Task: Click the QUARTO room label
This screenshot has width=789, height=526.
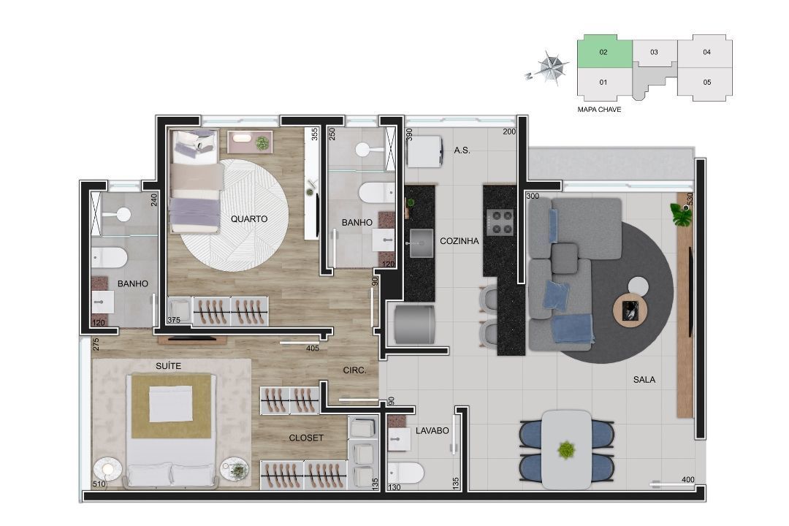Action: tap(249, 219)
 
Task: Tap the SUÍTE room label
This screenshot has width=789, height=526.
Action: tap(168, 366)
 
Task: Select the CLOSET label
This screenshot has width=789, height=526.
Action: tap(306, 438)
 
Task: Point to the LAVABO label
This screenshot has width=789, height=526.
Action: tap(432, 431)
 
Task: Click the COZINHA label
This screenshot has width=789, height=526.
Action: tap(460, 241)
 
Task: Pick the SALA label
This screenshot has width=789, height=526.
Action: tap(644, 380)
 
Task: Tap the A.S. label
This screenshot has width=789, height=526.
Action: tap(462, 150)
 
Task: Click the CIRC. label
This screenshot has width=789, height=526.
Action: tap(354, 370)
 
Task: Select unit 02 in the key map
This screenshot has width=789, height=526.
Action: tap(604, 52)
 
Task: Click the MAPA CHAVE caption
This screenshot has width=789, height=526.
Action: tap(599, 110)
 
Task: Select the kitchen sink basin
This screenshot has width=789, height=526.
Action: tap(422, 243)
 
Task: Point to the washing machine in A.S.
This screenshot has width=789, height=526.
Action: tap(424, 151)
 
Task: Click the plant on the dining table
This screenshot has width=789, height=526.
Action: tap(567, 449)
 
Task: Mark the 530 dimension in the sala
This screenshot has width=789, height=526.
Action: tap(690, 198)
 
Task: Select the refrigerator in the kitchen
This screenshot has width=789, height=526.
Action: tap(414, 324)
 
